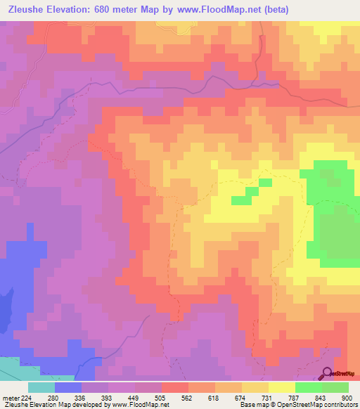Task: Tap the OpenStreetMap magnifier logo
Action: click(x=328, y=372)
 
